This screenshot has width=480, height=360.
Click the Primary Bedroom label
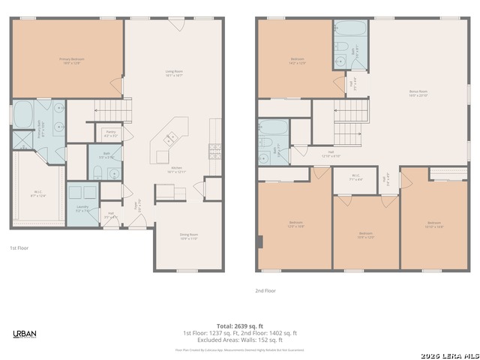[70, 60]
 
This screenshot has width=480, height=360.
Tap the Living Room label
[174, 73]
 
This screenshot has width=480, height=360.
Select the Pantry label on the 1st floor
[110, 133]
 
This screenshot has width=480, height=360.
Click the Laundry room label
[82, 208]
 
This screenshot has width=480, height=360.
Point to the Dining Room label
[188, 237]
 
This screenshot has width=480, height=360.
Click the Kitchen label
[177, 169]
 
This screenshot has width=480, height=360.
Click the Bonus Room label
[418, 94]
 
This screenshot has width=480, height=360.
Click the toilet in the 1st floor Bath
[97, 172]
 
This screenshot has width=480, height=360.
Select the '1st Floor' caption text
[19, 247]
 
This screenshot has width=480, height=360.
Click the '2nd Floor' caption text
[265, 290]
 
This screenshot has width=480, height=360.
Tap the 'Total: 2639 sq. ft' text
[240, 326]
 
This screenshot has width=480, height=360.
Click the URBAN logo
[25, 334]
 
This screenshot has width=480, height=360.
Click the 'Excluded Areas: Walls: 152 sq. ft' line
[240, 340]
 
